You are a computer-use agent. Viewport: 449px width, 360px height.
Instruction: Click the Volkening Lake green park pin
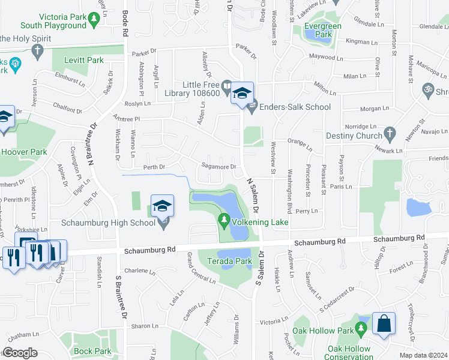point(224,222)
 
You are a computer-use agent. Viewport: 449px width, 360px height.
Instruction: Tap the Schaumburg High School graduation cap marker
point(162,207)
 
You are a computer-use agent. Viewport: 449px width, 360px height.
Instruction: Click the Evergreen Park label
point(322,30)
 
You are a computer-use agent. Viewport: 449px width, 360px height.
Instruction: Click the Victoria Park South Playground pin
point(94,20)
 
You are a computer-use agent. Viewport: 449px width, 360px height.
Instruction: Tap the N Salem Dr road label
point(251,196)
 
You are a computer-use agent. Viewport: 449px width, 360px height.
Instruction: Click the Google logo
point(20,353)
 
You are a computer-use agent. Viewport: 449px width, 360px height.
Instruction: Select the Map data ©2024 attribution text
point(423,355)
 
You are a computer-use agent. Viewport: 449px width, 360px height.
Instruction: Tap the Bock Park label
point(93,351)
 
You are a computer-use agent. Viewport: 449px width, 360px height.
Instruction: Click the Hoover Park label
point(23,152)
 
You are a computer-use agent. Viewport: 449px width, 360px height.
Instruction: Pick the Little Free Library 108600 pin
point(226,89)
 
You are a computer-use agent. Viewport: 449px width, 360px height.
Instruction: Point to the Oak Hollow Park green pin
point(361,329)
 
